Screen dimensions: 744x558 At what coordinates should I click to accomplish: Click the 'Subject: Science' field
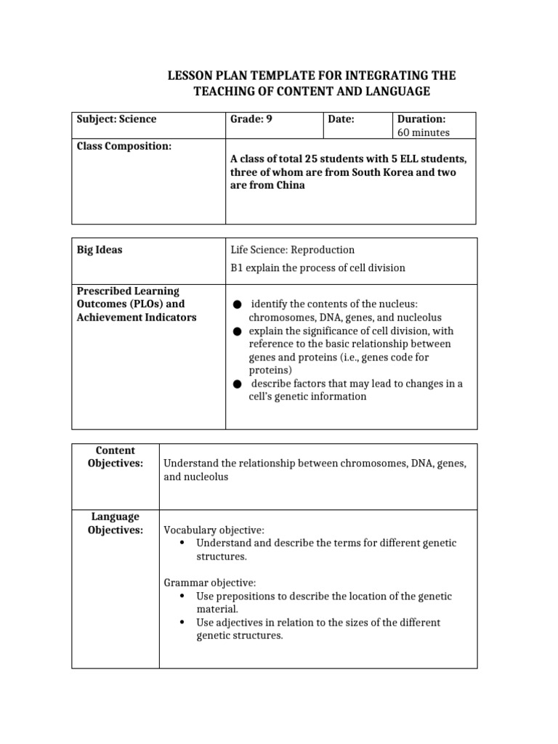(x=117, y=119)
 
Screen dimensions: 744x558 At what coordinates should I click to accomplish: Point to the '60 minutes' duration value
(x=423, y=132)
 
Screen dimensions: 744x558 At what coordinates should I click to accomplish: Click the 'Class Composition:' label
(x=124, y=146)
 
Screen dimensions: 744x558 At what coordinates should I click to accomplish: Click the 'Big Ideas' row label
(x=100, y=250)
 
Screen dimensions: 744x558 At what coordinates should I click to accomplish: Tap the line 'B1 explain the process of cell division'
(x=318, y=268)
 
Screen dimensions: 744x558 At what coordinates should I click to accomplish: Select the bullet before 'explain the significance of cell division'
(x=237, y=331)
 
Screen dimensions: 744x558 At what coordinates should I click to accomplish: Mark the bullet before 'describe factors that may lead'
(x=237, y=384)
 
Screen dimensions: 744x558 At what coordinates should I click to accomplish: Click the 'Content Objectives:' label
(x=116, y=457)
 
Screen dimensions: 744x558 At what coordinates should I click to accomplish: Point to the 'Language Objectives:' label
(x=116, y=523)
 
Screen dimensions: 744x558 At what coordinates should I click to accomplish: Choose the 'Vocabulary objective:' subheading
(x=214, y=530)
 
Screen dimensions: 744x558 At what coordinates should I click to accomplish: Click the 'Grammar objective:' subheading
(x=209, y=583)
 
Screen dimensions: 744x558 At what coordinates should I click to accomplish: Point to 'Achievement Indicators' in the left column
(x=137, y=318)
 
